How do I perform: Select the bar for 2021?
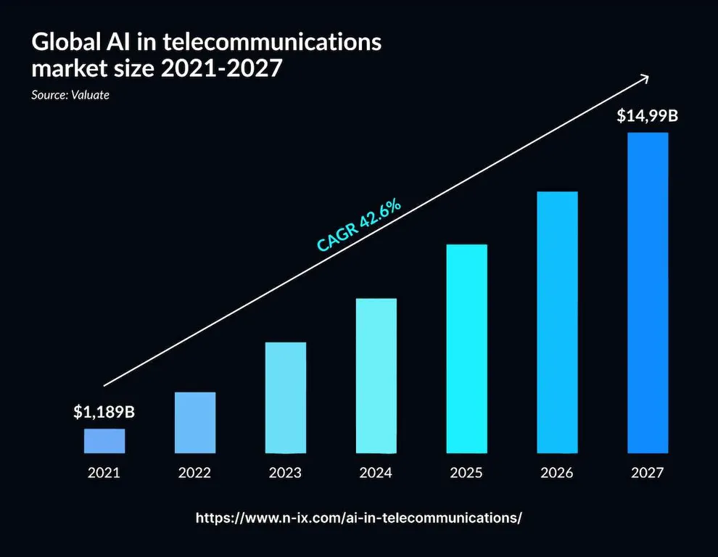click(x=104, y=440)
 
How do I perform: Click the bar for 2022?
click(x=194, y=422)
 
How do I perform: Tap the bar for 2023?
click(x=286, y=397)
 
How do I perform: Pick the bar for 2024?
click(x=376, y=375)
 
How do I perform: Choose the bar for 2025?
click(x=466, y=348)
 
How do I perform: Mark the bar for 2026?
click(x=557, y=322)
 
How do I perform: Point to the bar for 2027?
click(x=648, y=292)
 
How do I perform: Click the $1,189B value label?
click(x=104, y=412)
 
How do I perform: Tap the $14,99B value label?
click(x=648, y=115)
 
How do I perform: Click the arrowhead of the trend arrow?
click(x=643, y=78)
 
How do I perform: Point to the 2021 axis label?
click(x=104, y=473)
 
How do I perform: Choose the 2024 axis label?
click(x=376, y=473)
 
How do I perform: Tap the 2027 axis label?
click(x=648, y=473)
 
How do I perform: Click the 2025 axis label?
click(x=466, y=473)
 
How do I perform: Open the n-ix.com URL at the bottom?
click(x=359, y=518)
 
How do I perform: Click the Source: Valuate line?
click(x=70, y=95)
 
